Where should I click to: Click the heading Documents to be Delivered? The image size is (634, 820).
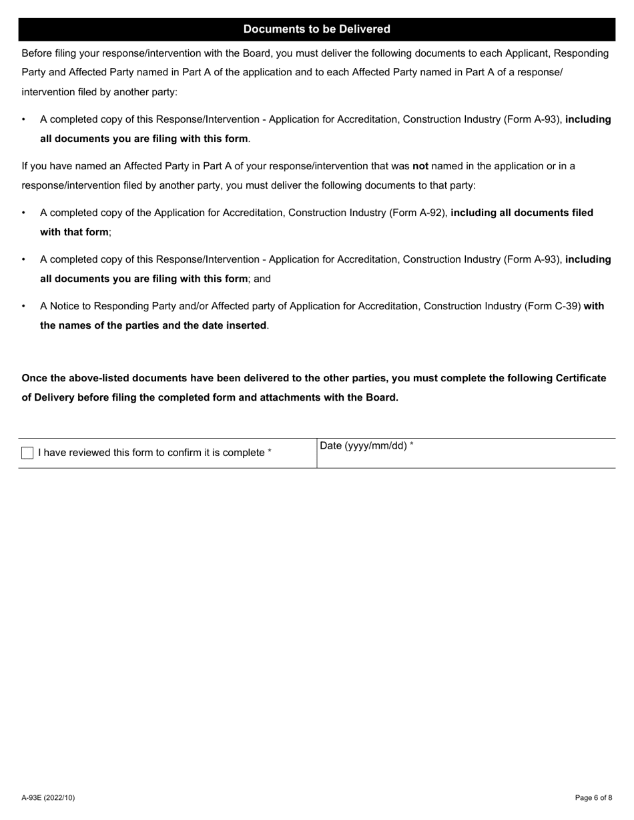316,29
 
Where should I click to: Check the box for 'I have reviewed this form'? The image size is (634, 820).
27,453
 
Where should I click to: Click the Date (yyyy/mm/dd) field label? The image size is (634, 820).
366,446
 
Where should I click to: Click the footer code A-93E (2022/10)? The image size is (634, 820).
48,797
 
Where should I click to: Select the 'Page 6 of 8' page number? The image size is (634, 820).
593,797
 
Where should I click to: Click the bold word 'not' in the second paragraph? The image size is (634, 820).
420,166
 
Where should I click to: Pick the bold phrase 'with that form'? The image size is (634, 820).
74,233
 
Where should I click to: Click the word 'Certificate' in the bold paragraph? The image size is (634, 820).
580,378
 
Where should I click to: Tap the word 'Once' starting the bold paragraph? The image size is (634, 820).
34,378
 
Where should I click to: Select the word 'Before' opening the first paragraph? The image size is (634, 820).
37,53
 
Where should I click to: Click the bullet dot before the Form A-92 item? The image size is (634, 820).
24,213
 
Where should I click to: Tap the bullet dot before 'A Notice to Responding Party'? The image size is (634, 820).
24,307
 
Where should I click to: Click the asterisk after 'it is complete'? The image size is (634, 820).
270,452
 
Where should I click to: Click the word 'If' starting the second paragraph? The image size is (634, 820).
25,166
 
